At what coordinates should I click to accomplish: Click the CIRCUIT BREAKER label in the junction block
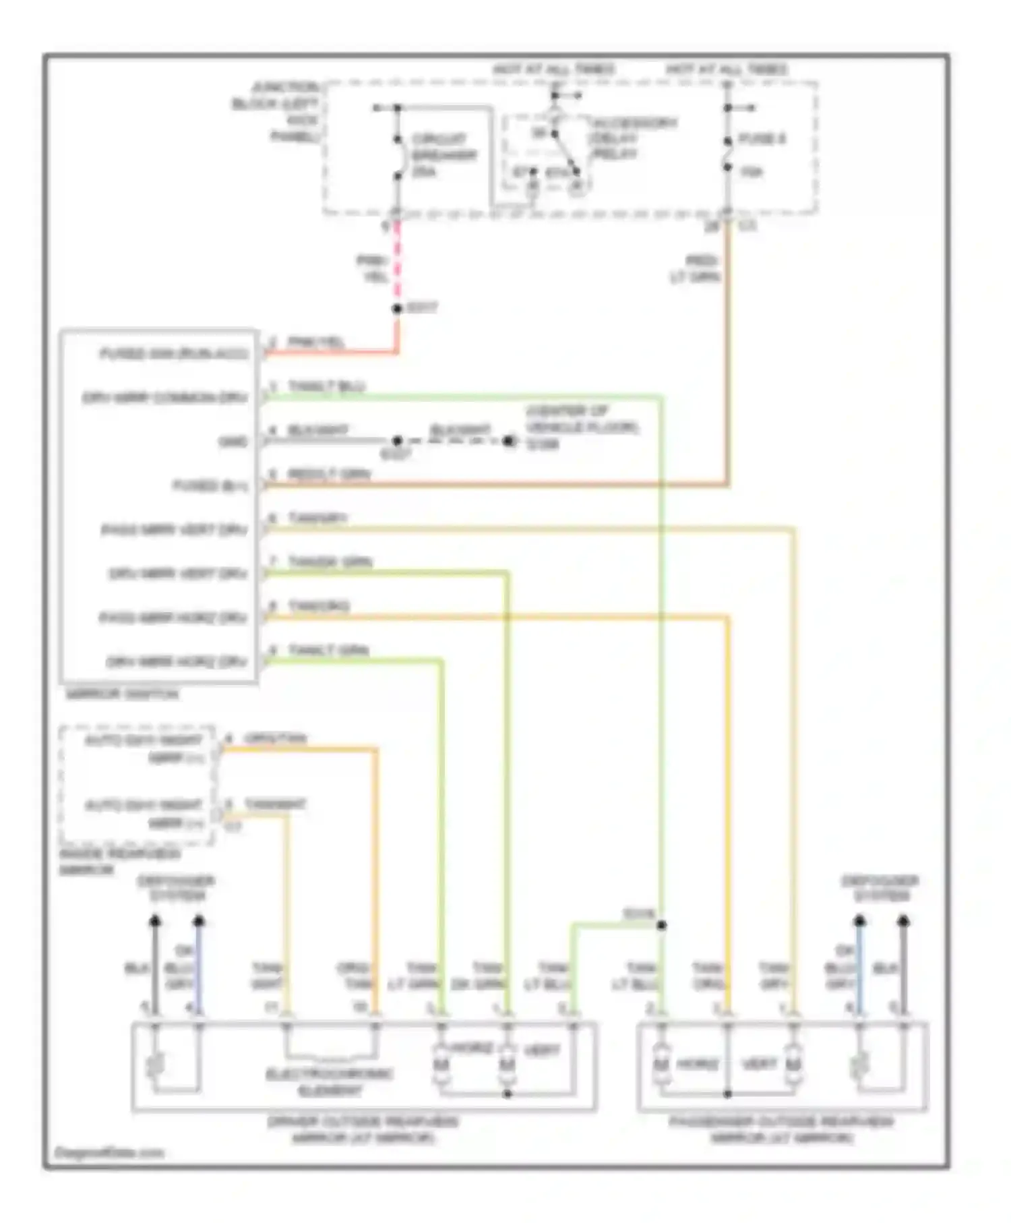pyautogui.click(x=443, y=155)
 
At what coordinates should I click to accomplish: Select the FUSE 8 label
pyautogui.click(x=762, y=139)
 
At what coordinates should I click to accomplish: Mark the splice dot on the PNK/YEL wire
pyautogui.click(x=397, y=309)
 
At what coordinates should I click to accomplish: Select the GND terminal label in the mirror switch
pyautogui.click(x=233, y=442)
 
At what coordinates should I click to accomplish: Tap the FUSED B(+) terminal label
pyautogui.click(x=210, y=485)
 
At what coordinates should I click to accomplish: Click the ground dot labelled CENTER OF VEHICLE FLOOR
pyautogui.click(x=509, y=442)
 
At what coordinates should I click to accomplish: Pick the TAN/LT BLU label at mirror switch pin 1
pyautogui.click(x=326, y=386)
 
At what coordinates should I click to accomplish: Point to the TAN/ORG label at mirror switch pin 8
pyautogui.click(x=319, y=606)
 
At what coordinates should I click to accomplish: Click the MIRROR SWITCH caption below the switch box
pyautogui.click(x=122, y=694)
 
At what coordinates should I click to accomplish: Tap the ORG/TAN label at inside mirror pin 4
pyautogui.click(x=275, y=738)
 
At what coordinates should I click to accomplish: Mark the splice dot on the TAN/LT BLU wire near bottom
pyautogui.click(x=661, y=925)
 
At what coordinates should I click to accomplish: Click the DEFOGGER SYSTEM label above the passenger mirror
pyautogui.click(x=880, y=888)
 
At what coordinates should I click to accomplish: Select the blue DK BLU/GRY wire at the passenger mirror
pyautogui.click(x=859, y=971)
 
